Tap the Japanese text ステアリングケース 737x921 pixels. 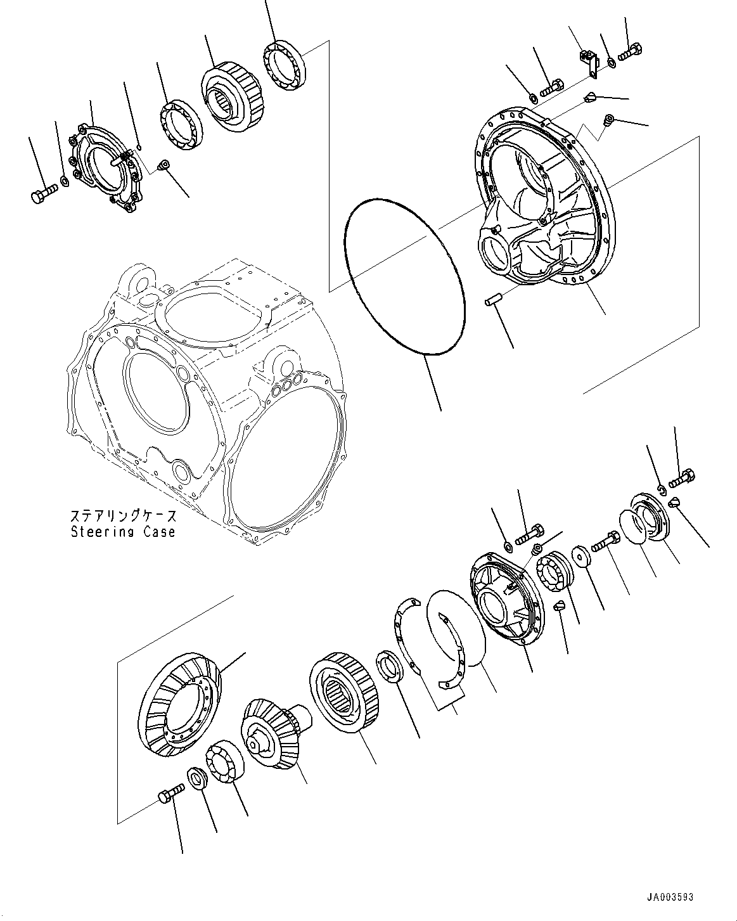(x=122, y=515)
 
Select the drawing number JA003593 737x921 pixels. (x=670, y=897)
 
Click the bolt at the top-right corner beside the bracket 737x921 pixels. (x=629, y=54)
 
